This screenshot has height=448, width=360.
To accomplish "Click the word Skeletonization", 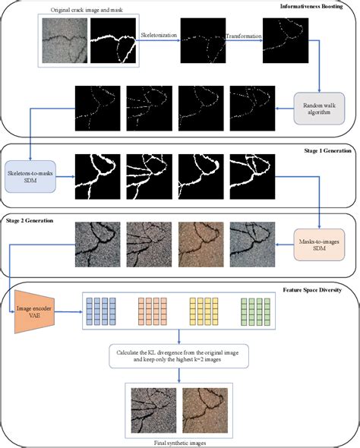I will pos(158,36).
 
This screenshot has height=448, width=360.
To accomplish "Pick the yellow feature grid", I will pos(203,313).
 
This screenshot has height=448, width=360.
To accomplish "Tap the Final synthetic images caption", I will pos(180,440).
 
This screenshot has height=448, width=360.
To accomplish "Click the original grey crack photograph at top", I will pos(65,40).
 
